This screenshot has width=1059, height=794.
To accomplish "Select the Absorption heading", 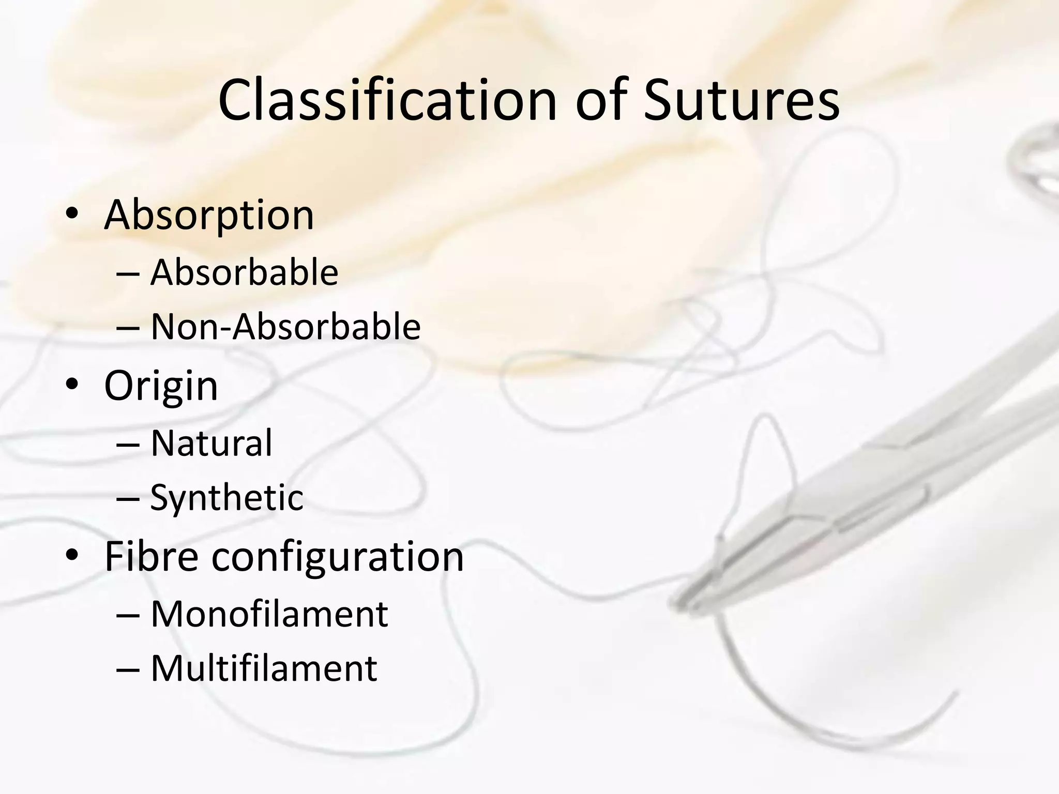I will [209, 215].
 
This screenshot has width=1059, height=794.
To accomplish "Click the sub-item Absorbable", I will [244, 272].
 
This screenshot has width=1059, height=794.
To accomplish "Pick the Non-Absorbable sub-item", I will [285, 327].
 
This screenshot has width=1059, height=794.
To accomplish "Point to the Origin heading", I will [161, 386].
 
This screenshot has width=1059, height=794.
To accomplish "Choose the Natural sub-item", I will [211, 444].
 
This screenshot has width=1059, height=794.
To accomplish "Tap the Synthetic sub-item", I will [226, 498].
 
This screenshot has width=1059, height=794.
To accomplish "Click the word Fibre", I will [151, 557].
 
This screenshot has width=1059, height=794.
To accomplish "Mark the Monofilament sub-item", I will [269, 614].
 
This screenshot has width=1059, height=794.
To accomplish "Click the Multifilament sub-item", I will [264, 669].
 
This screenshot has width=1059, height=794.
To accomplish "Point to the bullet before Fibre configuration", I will [72, 555].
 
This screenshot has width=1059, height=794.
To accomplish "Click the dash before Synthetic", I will [128, 499].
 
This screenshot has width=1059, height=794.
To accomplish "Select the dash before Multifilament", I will [128, 670].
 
